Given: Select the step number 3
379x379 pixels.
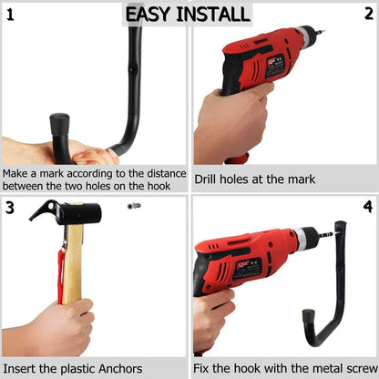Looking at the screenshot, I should click(x=11, y=207).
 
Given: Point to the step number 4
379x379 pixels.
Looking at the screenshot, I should click(x=367, y=207).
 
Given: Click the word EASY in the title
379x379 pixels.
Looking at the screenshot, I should click(x=150, y=14).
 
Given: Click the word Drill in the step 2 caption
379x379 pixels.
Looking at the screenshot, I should click(x=209, y=179).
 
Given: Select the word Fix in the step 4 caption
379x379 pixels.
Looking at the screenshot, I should click(x=203, y=369).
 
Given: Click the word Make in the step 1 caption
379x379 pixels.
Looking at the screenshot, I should click(x=18, y=173).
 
